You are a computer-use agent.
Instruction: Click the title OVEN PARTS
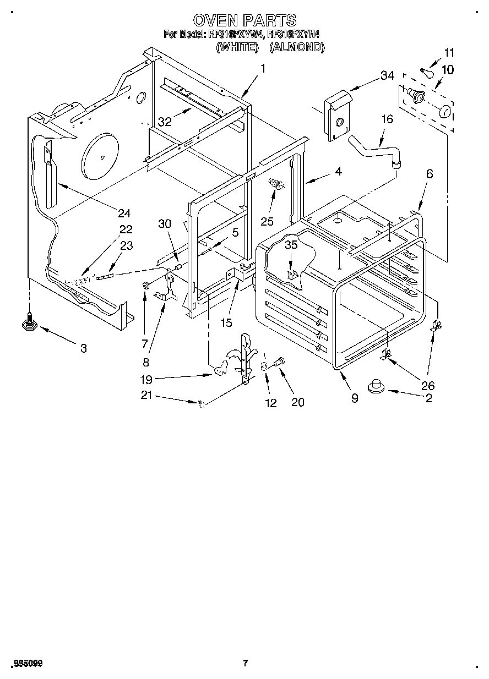(245, 21)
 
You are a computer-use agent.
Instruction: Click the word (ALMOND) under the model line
(296, 48)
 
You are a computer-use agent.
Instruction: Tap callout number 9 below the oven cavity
(355, 398)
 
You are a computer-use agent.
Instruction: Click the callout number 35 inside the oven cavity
(291, 245)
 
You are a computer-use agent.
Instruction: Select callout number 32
(165, 122)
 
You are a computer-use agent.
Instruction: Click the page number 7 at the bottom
(245, 663)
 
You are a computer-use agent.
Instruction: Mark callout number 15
(226, 323)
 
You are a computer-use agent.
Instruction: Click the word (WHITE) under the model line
(237, 48)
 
